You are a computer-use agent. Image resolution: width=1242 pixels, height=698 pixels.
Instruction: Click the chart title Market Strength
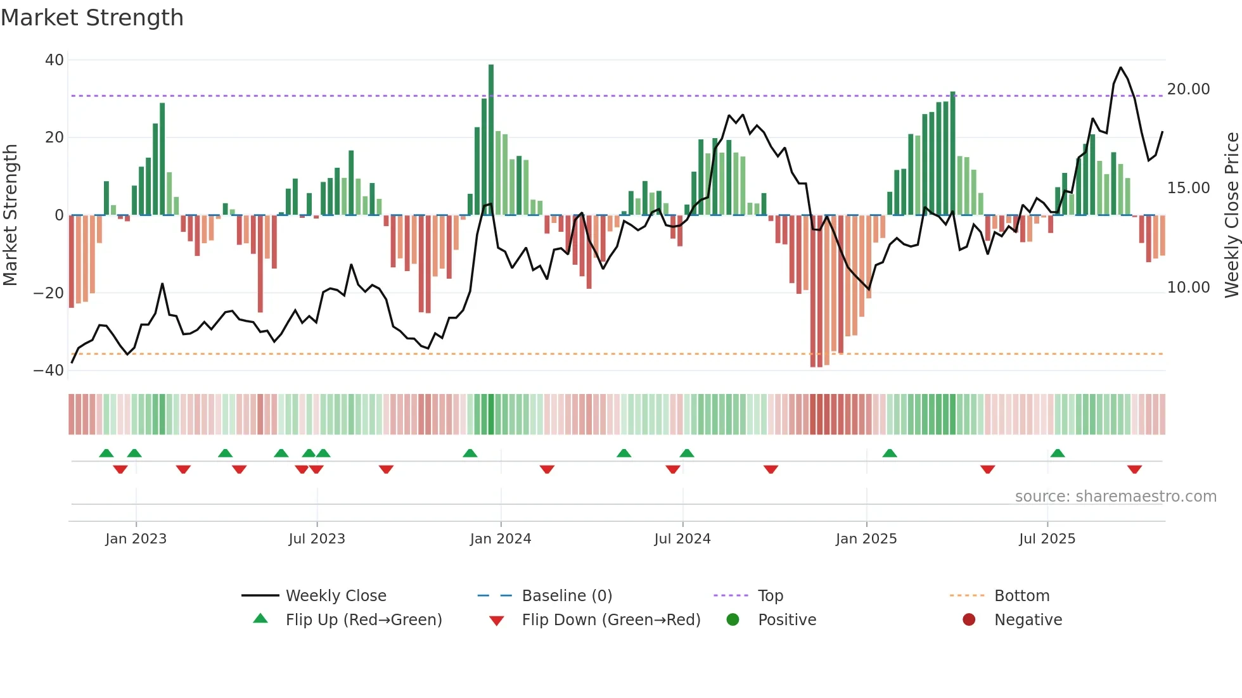click(92, 18)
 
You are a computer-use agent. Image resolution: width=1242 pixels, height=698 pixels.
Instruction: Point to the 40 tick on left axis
click(54, 60)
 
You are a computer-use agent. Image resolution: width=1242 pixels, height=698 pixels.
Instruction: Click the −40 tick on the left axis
click(49, 371)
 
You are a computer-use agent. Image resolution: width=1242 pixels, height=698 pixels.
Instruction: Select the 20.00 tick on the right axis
click(1188, 89)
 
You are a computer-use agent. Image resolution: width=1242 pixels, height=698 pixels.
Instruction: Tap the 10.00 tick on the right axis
click(1188, 288)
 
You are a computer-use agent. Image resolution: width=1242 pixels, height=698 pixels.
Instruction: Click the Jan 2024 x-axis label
click(500, 539)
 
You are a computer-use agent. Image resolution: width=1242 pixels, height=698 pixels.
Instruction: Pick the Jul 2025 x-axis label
click(1047, 539)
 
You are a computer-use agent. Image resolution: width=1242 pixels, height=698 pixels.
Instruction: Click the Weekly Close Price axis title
click(1231, 215)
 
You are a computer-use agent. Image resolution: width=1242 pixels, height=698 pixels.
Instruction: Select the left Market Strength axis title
click(10, 215)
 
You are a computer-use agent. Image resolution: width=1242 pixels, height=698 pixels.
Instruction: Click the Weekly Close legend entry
click(335, 596)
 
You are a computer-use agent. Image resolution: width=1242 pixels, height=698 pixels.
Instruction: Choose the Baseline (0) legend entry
click(567, 596)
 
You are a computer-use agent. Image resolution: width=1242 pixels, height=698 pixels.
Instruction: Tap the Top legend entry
click(770, 596)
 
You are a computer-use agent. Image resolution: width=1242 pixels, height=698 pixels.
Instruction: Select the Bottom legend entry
click(1021, 596)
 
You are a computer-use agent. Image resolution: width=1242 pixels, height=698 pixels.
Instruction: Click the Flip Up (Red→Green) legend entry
click(363, 620)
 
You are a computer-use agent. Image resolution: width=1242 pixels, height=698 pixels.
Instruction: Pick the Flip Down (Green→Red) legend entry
click(611, 620)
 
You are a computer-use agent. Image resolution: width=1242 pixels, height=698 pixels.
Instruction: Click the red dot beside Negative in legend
click(969, 620)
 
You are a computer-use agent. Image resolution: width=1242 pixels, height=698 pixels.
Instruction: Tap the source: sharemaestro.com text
click(1115, 497)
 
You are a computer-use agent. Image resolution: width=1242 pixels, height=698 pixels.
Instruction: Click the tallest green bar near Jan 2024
click(491, 139)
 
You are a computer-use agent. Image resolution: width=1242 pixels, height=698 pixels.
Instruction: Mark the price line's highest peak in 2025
click(1120, 68)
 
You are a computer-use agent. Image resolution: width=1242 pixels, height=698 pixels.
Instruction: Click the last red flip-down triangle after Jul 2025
click(1134, 469)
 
